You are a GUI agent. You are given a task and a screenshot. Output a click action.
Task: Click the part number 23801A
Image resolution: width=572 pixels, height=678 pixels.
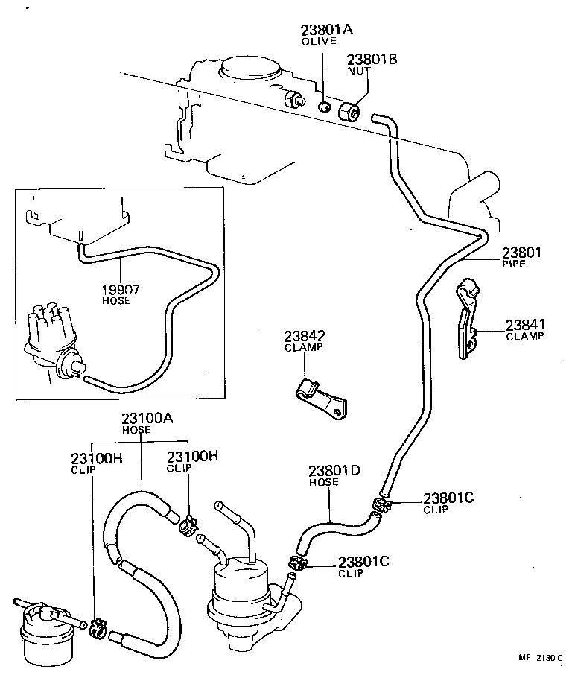(x=326, y=30)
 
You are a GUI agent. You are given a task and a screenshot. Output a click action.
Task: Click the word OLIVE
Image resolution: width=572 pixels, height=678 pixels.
(x=319, y=42)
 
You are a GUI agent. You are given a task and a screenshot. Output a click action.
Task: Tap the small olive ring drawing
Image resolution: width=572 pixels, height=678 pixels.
(x=324, y=107)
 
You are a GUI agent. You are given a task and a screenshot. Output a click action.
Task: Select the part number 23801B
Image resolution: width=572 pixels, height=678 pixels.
(x=372, y=59)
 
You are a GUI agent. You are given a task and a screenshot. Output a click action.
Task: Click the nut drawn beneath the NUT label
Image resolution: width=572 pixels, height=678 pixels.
(x=349, y=111)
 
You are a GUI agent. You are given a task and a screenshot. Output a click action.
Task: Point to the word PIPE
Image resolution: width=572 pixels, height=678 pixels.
(x=514, y=264)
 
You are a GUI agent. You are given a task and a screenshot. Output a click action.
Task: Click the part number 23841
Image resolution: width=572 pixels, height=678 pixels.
(x=526, y=324)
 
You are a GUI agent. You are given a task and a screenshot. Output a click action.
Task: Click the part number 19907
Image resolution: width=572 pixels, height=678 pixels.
(x=121, y=289)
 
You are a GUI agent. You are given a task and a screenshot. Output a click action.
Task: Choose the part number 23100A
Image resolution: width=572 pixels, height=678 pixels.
(x=147, y=419)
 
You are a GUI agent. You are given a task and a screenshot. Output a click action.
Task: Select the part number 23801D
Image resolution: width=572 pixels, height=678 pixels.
(x=335, y=470)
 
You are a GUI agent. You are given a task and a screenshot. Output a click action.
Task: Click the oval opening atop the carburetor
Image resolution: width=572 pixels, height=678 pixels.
(x=251, y=68)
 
